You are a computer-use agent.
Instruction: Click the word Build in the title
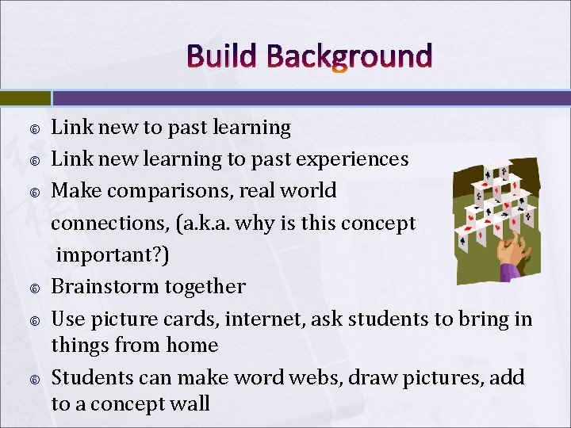(221, 57)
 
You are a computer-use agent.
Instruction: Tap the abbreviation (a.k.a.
(230, 223)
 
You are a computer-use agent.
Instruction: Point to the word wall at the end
(187, 403)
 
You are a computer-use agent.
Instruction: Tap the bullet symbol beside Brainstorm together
(34, 287)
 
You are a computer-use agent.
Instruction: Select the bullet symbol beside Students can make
(34, 378)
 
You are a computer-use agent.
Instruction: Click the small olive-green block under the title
(25, 97)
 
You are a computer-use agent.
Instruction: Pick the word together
(205, 286)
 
